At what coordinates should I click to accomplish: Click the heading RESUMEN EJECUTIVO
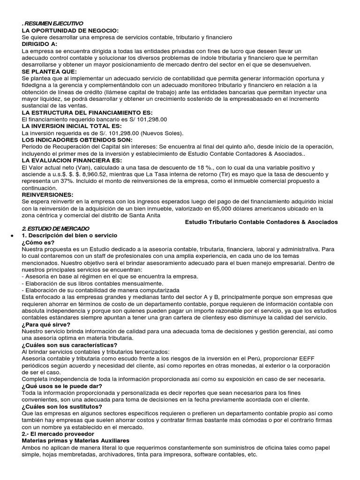coord(53,23)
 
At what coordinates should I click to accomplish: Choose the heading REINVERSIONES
coord(47,194)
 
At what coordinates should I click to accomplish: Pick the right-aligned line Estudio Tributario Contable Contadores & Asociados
coord(262,222)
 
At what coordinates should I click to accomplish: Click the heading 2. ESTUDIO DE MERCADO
coord(53,228)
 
